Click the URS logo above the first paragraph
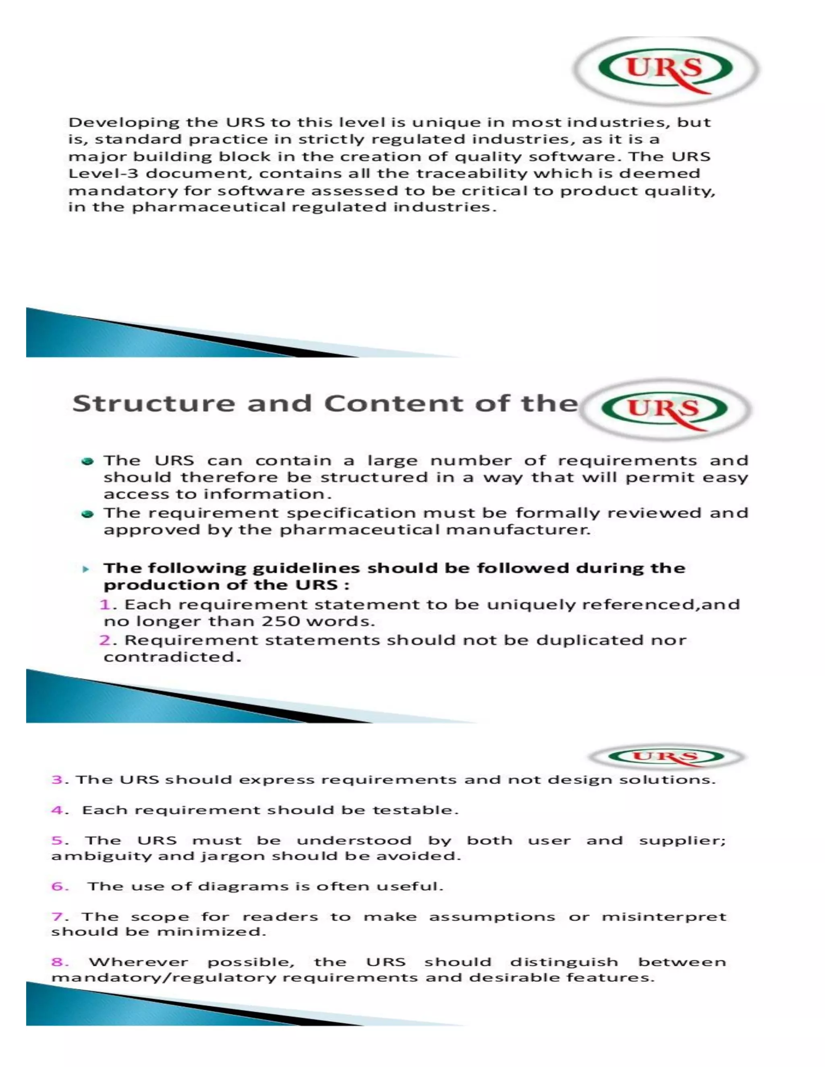tap(665, 70)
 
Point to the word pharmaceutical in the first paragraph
tap(209, 207)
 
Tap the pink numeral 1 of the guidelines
tap(105, 605)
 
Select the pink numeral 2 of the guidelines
tap(105, 640)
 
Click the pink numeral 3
tap(57, 779)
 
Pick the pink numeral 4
tap(57, 810)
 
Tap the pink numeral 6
tap(57, 886)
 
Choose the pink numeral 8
tap(57, 962)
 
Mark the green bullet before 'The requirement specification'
tap(88, 514)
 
